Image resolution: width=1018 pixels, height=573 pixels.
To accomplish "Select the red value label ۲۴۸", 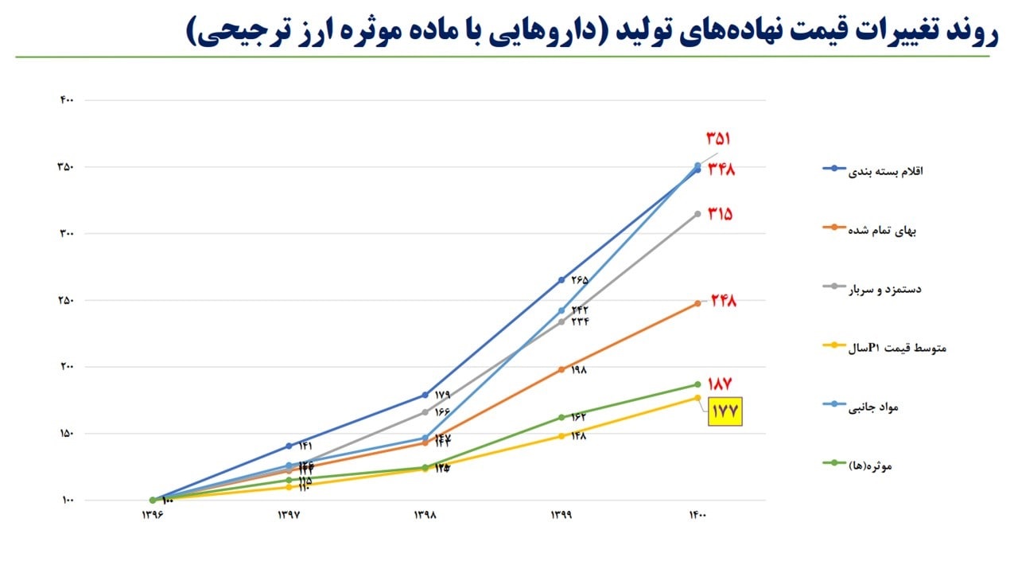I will pyautogui.click(x=723, y=301).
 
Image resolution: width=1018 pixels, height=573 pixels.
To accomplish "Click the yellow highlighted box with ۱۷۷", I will pyautogui.click(x=725, y=411).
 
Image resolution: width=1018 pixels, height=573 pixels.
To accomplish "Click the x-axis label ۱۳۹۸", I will pyautogui.click(x=425, y=516).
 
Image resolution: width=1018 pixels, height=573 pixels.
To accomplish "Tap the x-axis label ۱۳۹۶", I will pyautogui.click(x=153, y=516).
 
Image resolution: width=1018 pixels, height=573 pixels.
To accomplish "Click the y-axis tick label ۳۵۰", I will pyautogui.click(x=66, y=167).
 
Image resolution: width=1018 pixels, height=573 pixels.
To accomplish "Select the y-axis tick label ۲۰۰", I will pyautogui.click(x=66, y=367).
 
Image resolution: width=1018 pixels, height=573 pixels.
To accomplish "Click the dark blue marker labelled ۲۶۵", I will pyautogui.click(x=561, y=280).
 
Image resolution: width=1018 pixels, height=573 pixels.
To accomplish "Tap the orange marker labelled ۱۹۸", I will pyautogui.click(x=561, y=369).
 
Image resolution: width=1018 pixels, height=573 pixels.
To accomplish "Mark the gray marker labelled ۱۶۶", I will pyautogui.click(x=425, y=412).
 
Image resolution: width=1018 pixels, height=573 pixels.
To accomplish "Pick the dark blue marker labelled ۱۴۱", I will pyautogui.click(x=289, y=446).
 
